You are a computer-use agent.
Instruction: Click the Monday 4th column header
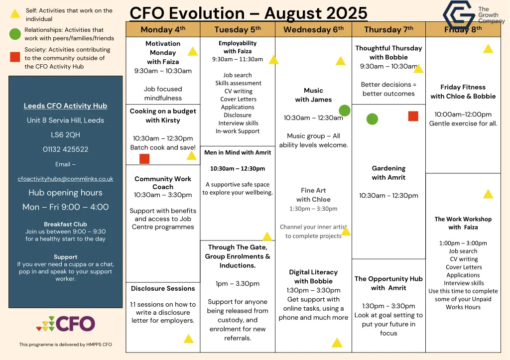(x=163, y=29)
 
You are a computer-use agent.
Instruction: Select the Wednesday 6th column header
(x=313, y=29)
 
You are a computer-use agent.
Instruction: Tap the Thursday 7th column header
(x=388, y=29)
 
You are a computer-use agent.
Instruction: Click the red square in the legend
(x=15, y=57)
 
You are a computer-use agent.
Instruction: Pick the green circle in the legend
(x=15, y=34)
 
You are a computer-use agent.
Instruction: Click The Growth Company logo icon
(x=459, y=16)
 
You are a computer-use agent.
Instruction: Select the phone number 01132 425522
(x=65, y=149)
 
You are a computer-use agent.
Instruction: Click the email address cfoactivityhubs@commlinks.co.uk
(x=65, y=179)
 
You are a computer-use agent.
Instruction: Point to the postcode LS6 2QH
(x=65, y=135)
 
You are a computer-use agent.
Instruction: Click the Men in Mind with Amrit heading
(x=238, y=152)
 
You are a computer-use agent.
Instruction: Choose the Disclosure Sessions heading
(x=163, y=288)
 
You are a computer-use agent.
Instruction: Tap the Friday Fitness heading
(x=463, y=87)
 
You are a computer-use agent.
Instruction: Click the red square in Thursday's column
(x=413, y=116)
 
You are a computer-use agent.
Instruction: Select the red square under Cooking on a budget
(x=144, y=159)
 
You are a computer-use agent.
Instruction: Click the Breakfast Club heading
(x=65, y=224)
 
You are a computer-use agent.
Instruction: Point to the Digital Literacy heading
(x=313, y=272)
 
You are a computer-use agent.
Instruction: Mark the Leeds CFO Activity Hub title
(x=65, y=106)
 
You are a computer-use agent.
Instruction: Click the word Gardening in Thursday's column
(x=388, y=168)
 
